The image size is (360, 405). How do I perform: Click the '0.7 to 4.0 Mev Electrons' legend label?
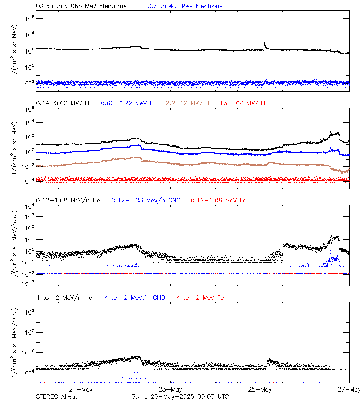tap(185, 6)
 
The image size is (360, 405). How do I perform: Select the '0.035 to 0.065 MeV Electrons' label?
tap(81, 6)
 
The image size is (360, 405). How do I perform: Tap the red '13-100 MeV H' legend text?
tap(242, 103)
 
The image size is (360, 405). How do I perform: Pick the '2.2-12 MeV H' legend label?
tap(188, 103)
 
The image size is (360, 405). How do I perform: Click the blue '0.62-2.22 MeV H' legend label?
tap(127, 103)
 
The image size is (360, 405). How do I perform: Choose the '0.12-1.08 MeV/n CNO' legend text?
tap(146, 200)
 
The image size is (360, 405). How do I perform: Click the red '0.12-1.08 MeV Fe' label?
tap(218, 200)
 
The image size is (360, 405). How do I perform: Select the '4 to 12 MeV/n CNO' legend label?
tap(135, 298)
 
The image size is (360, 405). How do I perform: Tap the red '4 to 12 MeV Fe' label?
tap(200, 298)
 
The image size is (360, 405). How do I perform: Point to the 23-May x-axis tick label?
tap(170, 389)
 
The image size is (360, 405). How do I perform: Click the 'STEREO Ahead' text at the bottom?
tap(57, 396)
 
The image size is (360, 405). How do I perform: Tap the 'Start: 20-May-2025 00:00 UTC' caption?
tap(180, 396)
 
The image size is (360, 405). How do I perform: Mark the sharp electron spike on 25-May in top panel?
tap(264, 43)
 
